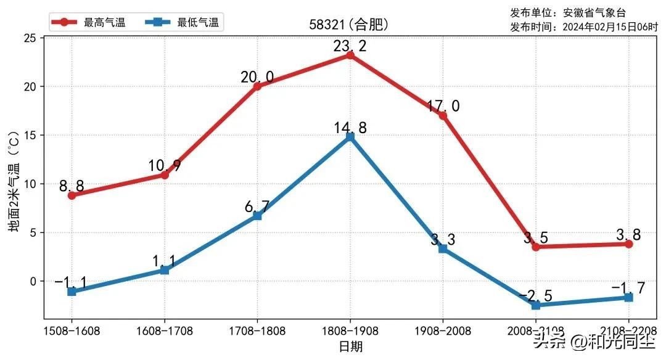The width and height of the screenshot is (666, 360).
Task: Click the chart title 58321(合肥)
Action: (349, 25)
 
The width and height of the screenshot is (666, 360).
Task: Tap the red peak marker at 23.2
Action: (350, 55)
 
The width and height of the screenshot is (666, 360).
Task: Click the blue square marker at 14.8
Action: (350, 137)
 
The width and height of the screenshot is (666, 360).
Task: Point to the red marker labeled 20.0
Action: (257, 86)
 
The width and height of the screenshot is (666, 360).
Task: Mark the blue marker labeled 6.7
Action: (257, 216)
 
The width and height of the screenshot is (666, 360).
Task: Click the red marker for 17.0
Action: (443, 115)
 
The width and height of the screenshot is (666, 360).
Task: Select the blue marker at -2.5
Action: (535, 305)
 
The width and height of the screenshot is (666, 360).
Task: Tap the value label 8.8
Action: (72, 186)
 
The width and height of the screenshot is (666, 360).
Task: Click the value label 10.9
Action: (164, 166)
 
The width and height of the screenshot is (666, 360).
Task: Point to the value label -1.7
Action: (628, 288)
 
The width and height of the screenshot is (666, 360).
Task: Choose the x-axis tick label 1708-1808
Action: (257, 331)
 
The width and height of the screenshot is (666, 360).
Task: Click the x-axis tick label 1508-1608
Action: (72, 331)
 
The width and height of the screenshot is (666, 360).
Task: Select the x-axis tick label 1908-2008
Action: (443, 331)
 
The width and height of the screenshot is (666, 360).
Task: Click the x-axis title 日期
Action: (350, 347)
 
